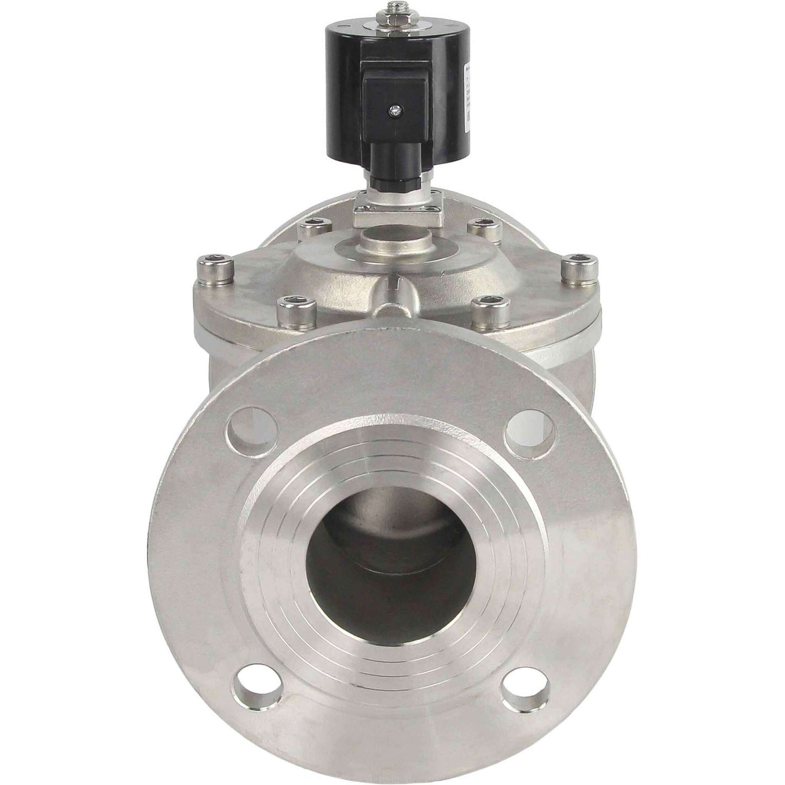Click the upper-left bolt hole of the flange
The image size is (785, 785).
[x=250, y=428]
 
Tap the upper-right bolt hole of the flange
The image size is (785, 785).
[x=531, y=428]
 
